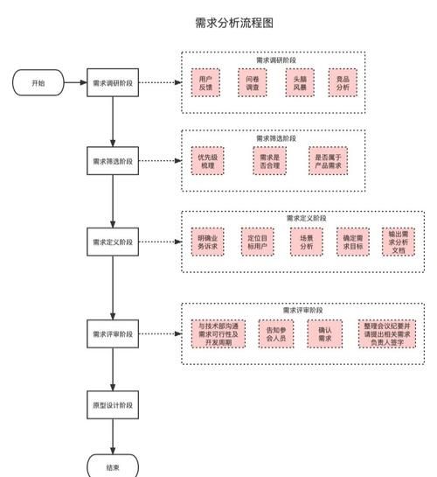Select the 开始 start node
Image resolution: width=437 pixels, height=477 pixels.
(38, 83)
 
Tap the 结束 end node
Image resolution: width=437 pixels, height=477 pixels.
(112, 467)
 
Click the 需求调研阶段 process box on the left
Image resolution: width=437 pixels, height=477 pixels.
(113, 83)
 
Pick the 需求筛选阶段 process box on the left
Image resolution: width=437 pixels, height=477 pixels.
(113, 161)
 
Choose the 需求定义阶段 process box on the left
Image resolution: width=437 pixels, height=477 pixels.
(113, 241)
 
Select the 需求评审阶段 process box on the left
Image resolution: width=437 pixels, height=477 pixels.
(113, 333)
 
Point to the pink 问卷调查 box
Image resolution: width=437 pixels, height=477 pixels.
(252, 84)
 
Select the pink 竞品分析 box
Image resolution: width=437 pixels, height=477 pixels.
(343, 84)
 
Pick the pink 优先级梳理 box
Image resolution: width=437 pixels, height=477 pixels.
(207, 161)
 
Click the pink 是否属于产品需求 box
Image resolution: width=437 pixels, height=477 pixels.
(327, 161)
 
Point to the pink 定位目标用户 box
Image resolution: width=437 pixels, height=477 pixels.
(257, 242)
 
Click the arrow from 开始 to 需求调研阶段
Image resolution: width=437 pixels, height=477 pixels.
(74, 83)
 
